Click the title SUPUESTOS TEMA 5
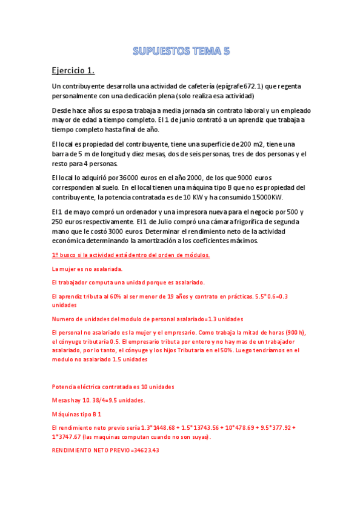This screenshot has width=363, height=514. tap(181, 51)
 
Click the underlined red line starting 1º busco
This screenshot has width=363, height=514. tap(131, 255)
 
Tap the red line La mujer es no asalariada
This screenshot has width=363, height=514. tap(87, 268)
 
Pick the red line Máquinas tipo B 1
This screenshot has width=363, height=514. tap(77, 414)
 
